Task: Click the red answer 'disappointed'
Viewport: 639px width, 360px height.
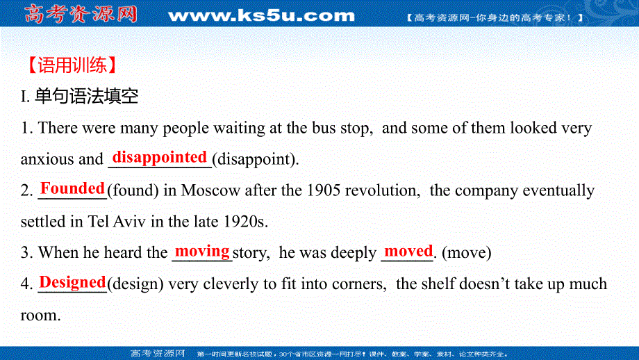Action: pyautogui.click(x=160, y=157)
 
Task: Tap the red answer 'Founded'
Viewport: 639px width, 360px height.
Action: pyautogui.click(x=72, y=188)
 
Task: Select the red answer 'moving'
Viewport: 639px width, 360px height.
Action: pyautogui.click(x=202, y=251)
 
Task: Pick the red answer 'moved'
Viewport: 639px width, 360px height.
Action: pyautogui.click(x=408, y=251)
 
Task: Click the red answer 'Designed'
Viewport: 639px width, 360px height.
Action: pyautogui.click(x=72, y=282)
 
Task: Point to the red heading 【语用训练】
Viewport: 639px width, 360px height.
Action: pyautogui.click(x=69, y=65)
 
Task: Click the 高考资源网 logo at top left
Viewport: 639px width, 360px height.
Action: pyautogui.click(x=81, y=14)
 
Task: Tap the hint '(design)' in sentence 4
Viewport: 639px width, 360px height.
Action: pyautogui.click(x=135, y=284)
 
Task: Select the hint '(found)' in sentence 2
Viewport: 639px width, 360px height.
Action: pyautogui.click(x=129, y=190)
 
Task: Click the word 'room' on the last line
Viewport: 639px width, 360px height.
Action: pyautogui.click(x=39, y=316)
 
